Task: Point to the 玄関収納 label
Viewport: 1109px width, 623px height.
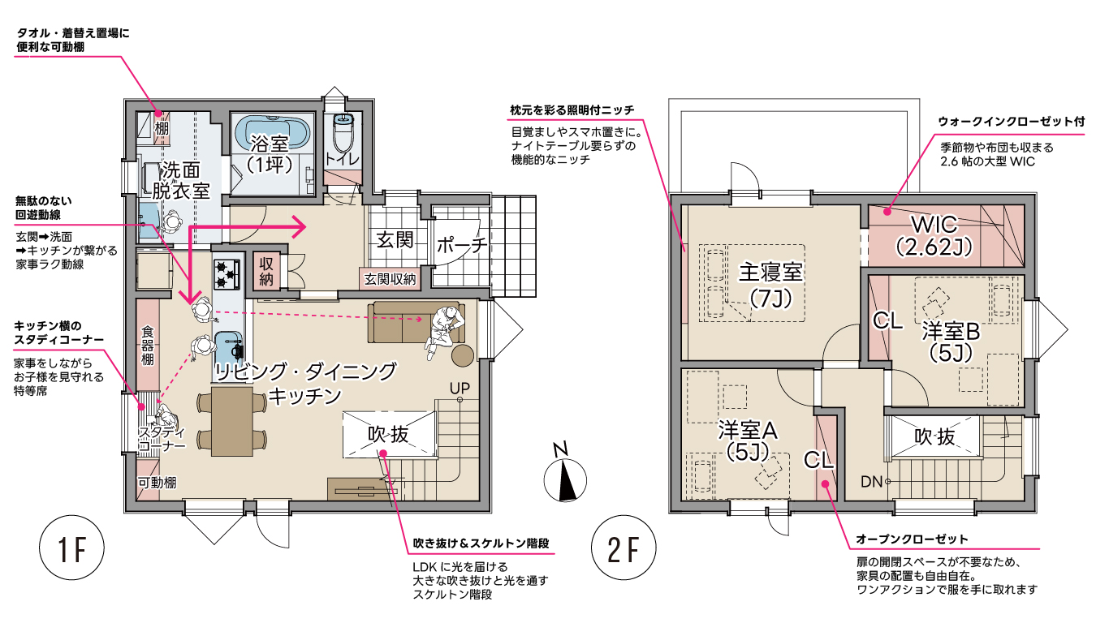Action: tap(390, 279)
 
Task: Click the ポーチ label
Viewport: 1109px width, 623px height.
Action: tap(461, 245)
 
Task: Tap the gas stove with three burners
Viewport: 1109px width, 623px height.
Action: tap(227, 273)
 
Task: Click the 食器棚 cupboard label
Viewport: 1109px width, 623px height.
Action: tap(148, 344)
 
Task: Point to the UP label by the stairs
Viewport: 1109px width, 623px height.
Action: tap(460, 388)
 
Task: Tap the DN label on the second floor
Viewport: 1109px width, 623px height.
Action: tap(871, 482)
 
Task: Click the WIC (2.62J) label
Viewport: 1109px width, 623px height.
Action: tap(933, 235)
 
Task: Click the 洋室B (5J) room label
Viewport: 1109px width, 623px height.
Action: tap(951, 341)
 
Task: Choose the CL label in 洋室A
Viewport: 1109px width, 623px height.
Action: tap(819, 459)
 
